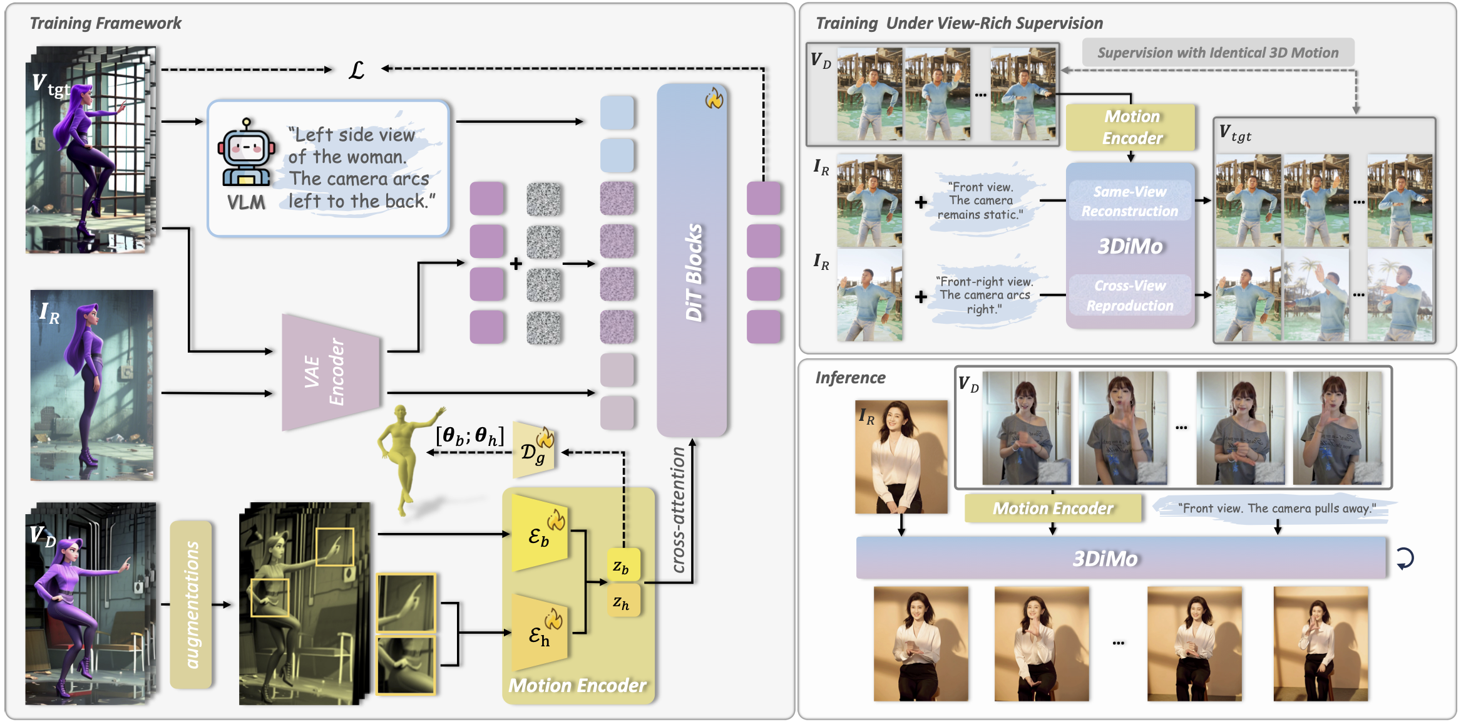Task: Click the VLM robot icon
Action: tap(246, 153)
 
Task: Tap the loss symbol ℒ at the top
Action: tap(356, 70)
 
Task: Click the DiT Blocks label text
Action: tap(694, 272)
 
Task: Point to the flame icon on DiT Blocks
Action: tap(714, 98)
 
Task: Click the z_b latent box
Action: tap(622, 566)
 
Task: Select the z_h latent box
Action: tap(622, 602)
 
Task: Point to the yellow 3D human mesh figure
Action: tap(404, 457)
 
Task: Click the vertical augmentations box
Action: tap(192, 604)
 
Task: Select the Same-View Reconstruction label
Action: tap(1130, 201)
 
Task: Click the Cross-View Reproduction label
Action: tap(1130, 295)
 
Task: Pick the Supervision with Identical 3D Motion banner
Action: tap(1217, 53)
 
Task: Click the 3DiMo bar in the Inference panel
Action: tap(1120, 558)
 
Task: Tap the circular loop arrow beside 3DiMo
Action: tap(1405, 558)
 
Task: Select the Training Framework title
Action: tap(105, 23)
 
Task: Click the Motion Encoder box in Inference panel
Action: tap(1053, 508)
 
